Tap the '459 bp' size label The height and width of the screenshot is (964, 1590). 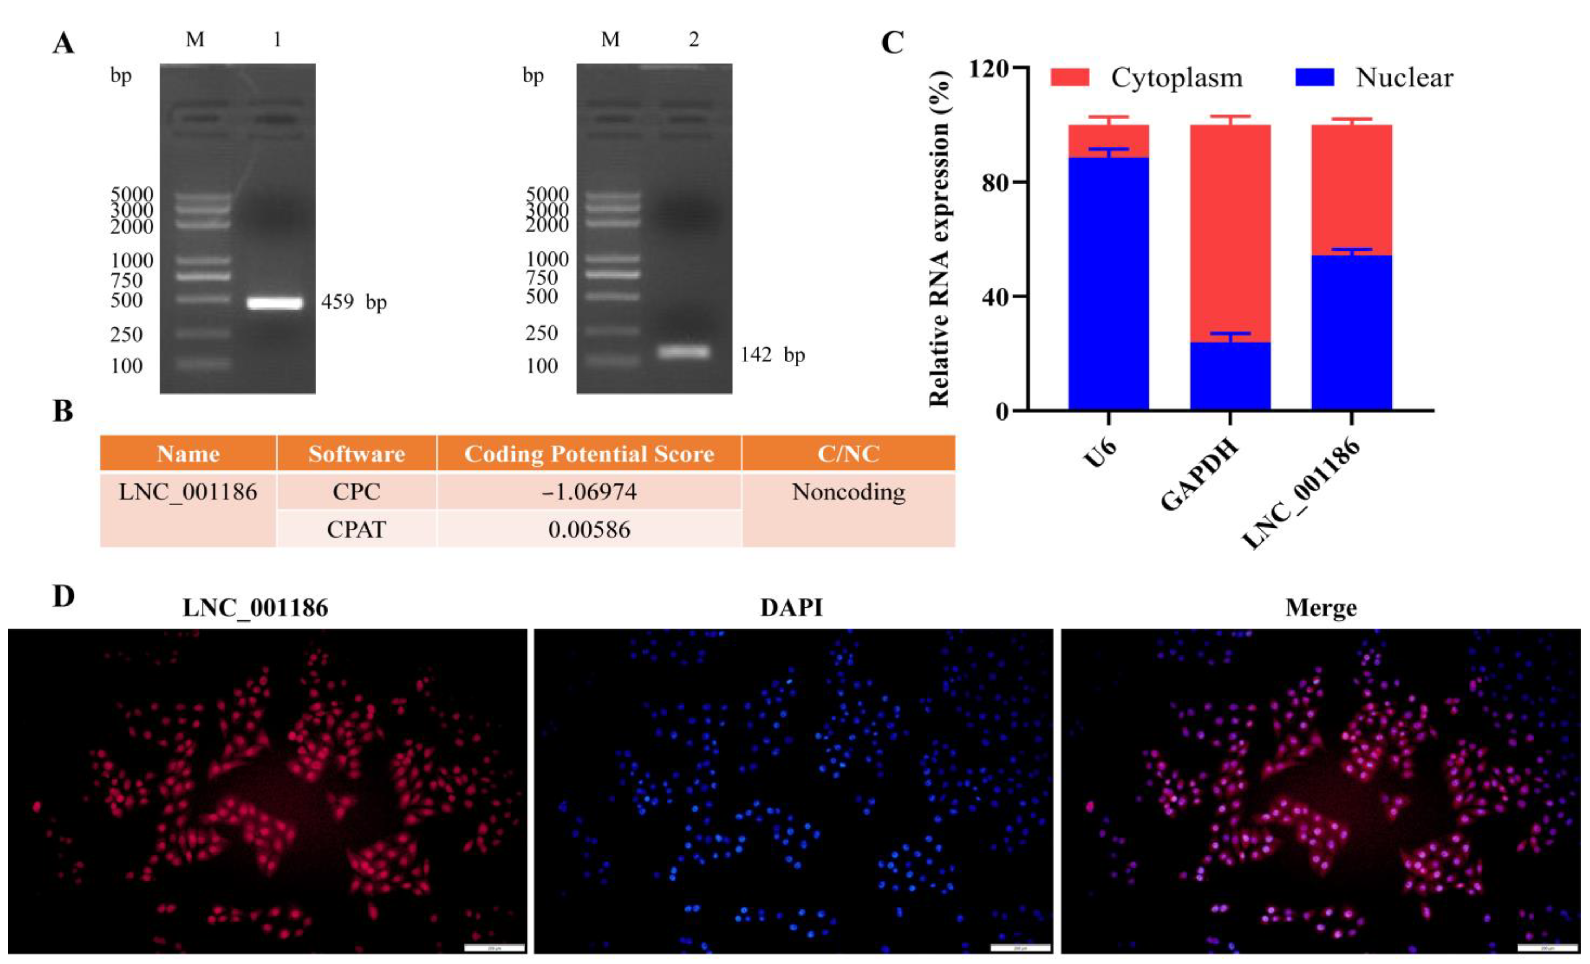click(354, 302)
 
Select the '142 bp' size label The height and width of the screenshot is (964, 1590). click(772, 355)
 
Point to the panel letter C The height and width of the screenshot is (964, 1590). click(892, 43)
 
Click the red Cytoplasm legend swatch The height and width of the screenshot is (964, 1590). click(1070, 77)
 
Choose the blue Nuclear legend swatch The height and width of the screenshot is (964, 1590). click(1314, 77)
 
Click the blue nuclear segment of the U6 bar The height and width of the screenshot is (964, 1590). click(1108, 284)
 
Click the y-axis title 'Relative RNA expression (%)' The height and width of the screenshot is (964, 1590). click(940, 239)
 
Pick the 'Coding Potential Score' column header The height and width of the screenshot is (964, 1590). click(589, 454)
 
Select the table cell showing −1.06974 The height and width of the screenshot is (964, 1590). click(589, 492)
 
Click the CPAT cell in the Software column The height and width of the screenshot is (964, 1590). click(356, 529)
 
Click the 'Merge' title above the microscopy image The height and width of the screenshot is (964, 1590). click(1320, 608)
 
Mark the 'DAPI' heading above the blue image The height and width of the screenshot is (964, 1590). click(791, 608)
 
